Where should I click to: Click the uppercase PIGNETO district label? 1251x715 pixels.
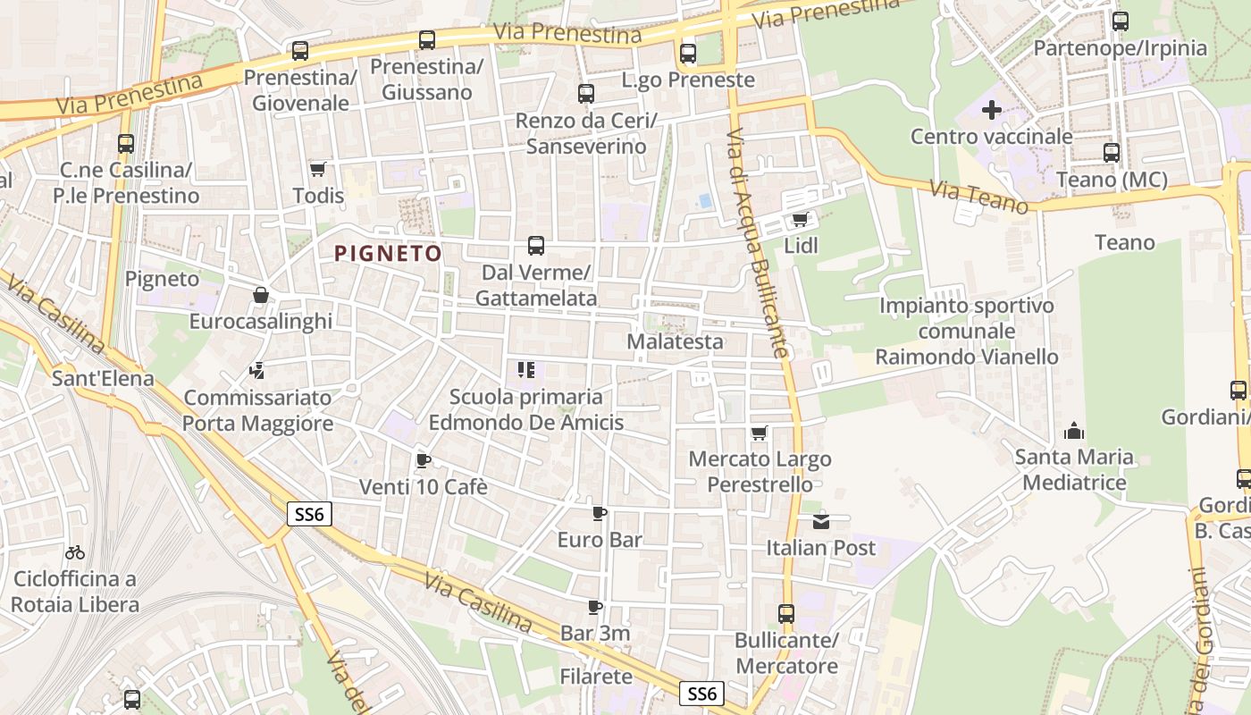[x=388, y=254]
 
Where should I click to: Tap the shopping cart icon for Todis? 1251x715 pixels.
[x=317, y=169]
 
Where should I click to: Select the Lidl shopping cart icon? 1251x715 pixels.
[x=800, y=219]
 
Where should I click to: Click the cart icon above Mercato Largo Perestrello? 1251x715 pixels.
[x=759, y=433]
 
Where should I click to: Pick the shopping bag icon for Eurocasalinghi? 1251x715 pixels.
[x=261, y=295]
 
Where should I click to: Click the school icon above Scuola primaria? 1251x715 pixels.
[x=525, y=370]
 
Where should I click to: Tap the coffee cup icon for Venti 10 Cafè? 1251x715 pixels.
[x=423, y=461]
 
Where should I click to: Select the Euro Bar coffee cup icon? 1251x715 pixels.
[x=599, y=513]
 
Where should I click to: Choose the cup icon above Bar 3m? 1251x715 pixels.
[x=595, y=608]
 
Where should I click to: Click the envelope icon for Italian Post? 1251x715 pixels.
[x=820, y=521]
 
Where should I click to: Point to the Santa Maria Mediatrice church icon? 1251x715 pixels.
[x=1073, y=432]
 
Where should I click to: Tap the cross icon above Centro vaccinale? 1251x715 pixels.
[x=991, y=111]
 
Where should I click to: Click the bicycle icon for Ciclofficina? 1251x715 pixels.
[x=75, y=553]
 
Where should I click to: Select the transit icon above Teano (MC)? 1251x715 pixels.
[x=1111, y=153]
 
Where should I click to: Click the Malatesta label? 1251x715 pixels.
[x=675, y=341]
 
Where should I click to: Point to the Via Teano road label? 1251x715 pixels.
[x=979, y=197]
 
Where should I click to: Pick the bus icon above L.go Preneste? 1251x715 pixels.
[x=687, y=53]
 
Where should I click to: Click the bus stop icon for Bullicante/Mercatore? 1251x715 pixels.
[x=785, y=614]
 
